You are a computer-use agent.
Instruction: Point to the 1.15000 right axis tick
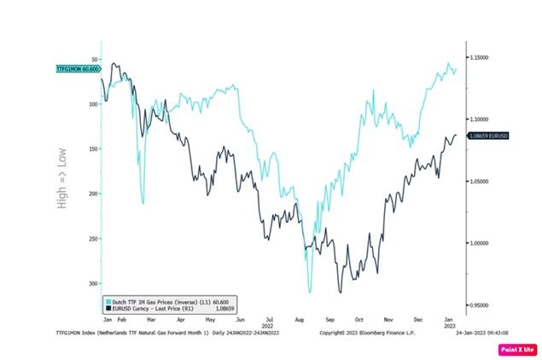pyautogui.click(x=479, y=57)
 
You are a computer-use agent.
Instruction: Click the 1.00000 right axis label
pyautogui.click(x=479, y=243)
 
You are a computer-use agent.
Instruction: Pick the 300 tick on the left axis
pyautogui.click(x=92, y=283)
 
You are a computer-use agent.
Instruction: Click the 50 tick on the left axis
pyautogui.click(x=94, y=59)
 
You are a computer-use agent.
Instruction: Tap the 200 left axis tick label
pyautogui.click(x=92, y=194)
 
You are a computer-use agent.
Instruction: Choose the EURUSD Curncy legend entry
pyautogui.click(x=149, y=309)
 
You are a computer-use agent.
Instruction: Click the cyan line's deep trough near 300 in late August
pyautogui.click(x=310, y=292)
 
